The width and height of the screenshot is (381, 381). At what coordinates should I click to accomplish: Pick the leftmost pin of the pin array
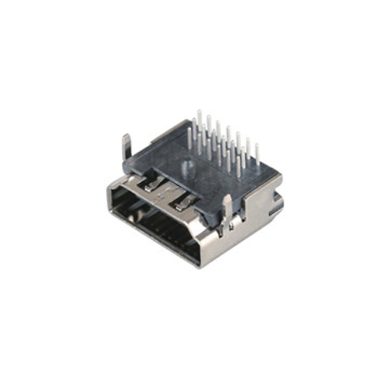(x=190, y=139)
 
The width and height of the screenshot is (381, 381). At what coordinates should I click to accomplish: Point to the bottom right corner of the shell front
(x=200, y=263)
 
